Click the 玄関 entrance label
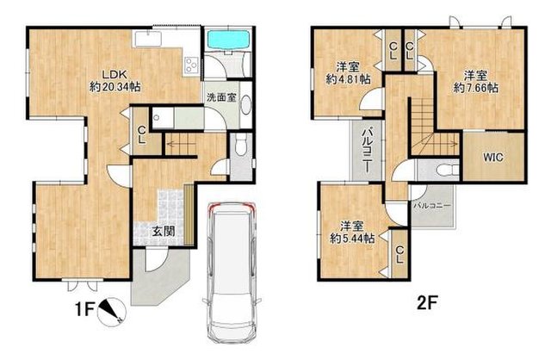click(164, 231)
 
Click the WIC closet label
click(492, 158)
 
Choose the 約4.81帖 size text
click(349, 79)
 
